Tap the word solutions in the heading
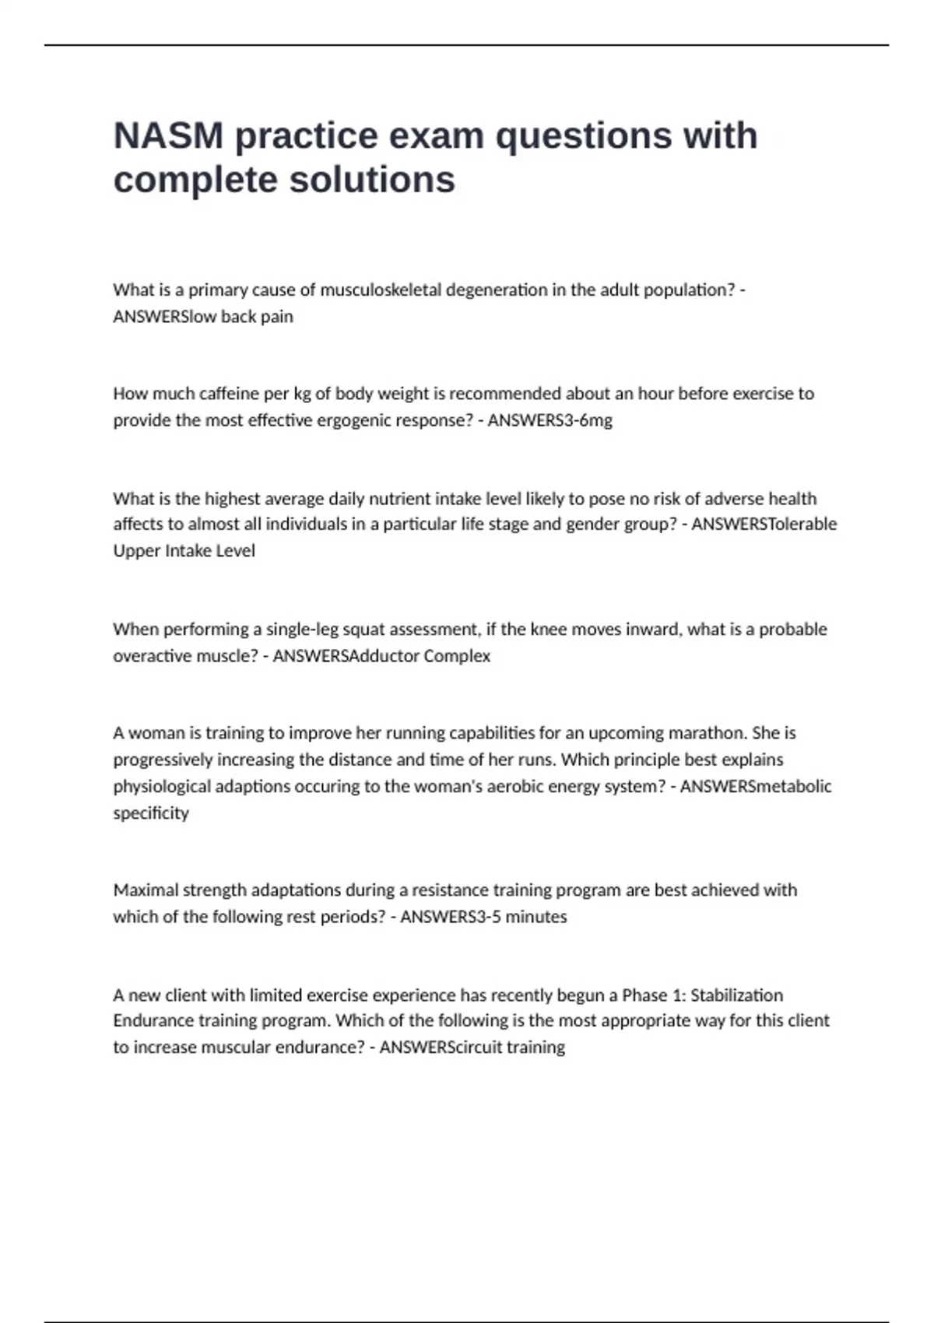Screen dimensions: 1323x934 (x=372, y=180)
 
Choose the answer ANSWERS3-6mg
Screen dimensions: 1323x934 (x=550, y=420)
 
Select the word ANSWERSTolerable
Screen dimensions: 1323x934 (x=764, y=524)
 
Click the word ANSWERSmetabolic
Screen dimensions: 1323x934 (x=756, y=786)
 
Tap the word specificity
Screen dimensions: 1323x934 (x=151, y=813)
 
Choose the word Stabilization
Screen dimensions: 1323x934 (x=736, y=995)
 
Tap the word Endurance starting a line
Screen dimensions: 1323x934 (x=153, y=1020)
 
